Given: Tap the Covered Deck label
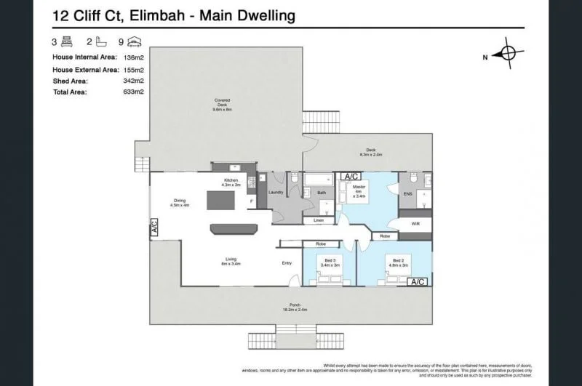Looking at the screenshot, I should (x=222, y=105).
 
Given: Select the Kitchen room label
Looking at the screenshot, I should (x=231, y=182).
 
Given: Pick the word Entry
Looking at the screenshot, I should (x=287, y=263).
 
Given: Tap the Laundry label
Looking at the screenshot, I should (x=275, y=192).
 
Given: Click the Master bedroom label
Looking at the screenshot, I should (x=358, y=190).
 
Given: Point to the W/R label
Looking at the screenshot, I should (x=416, y=224).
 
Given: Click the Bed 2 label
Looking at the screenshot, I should (x=398, y=262).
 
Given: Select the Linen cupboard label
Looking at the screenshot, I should (x=318, y=220).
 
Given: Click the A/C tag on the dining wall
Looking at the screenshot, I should (x=154, y=228).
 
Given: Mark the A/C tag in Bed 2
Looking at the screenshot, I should (x=418, y=281).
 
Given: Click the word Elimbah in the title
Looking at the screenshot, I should (x=158, y=15).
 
